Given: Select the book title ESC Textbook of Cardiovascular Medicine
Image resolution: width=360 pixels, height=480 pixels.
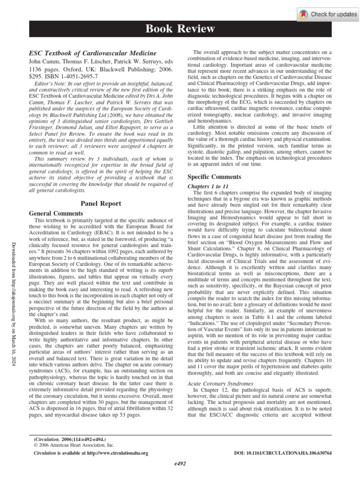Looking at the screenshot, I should [x=93, y=53].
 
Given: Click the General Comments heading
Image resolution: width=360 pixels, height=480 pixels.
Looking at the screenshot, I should [x=56, y=213].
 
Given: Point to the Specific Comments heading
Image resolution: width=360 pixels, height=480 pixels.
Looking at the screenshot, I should [x=215, y=177].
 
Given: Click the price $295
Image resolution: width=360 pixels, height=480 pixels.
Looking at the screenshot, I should [x=37, y=75].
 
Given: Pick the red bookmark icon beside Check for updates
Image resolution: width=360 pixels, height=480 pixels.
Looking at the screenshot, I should [x=304, y=15].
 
